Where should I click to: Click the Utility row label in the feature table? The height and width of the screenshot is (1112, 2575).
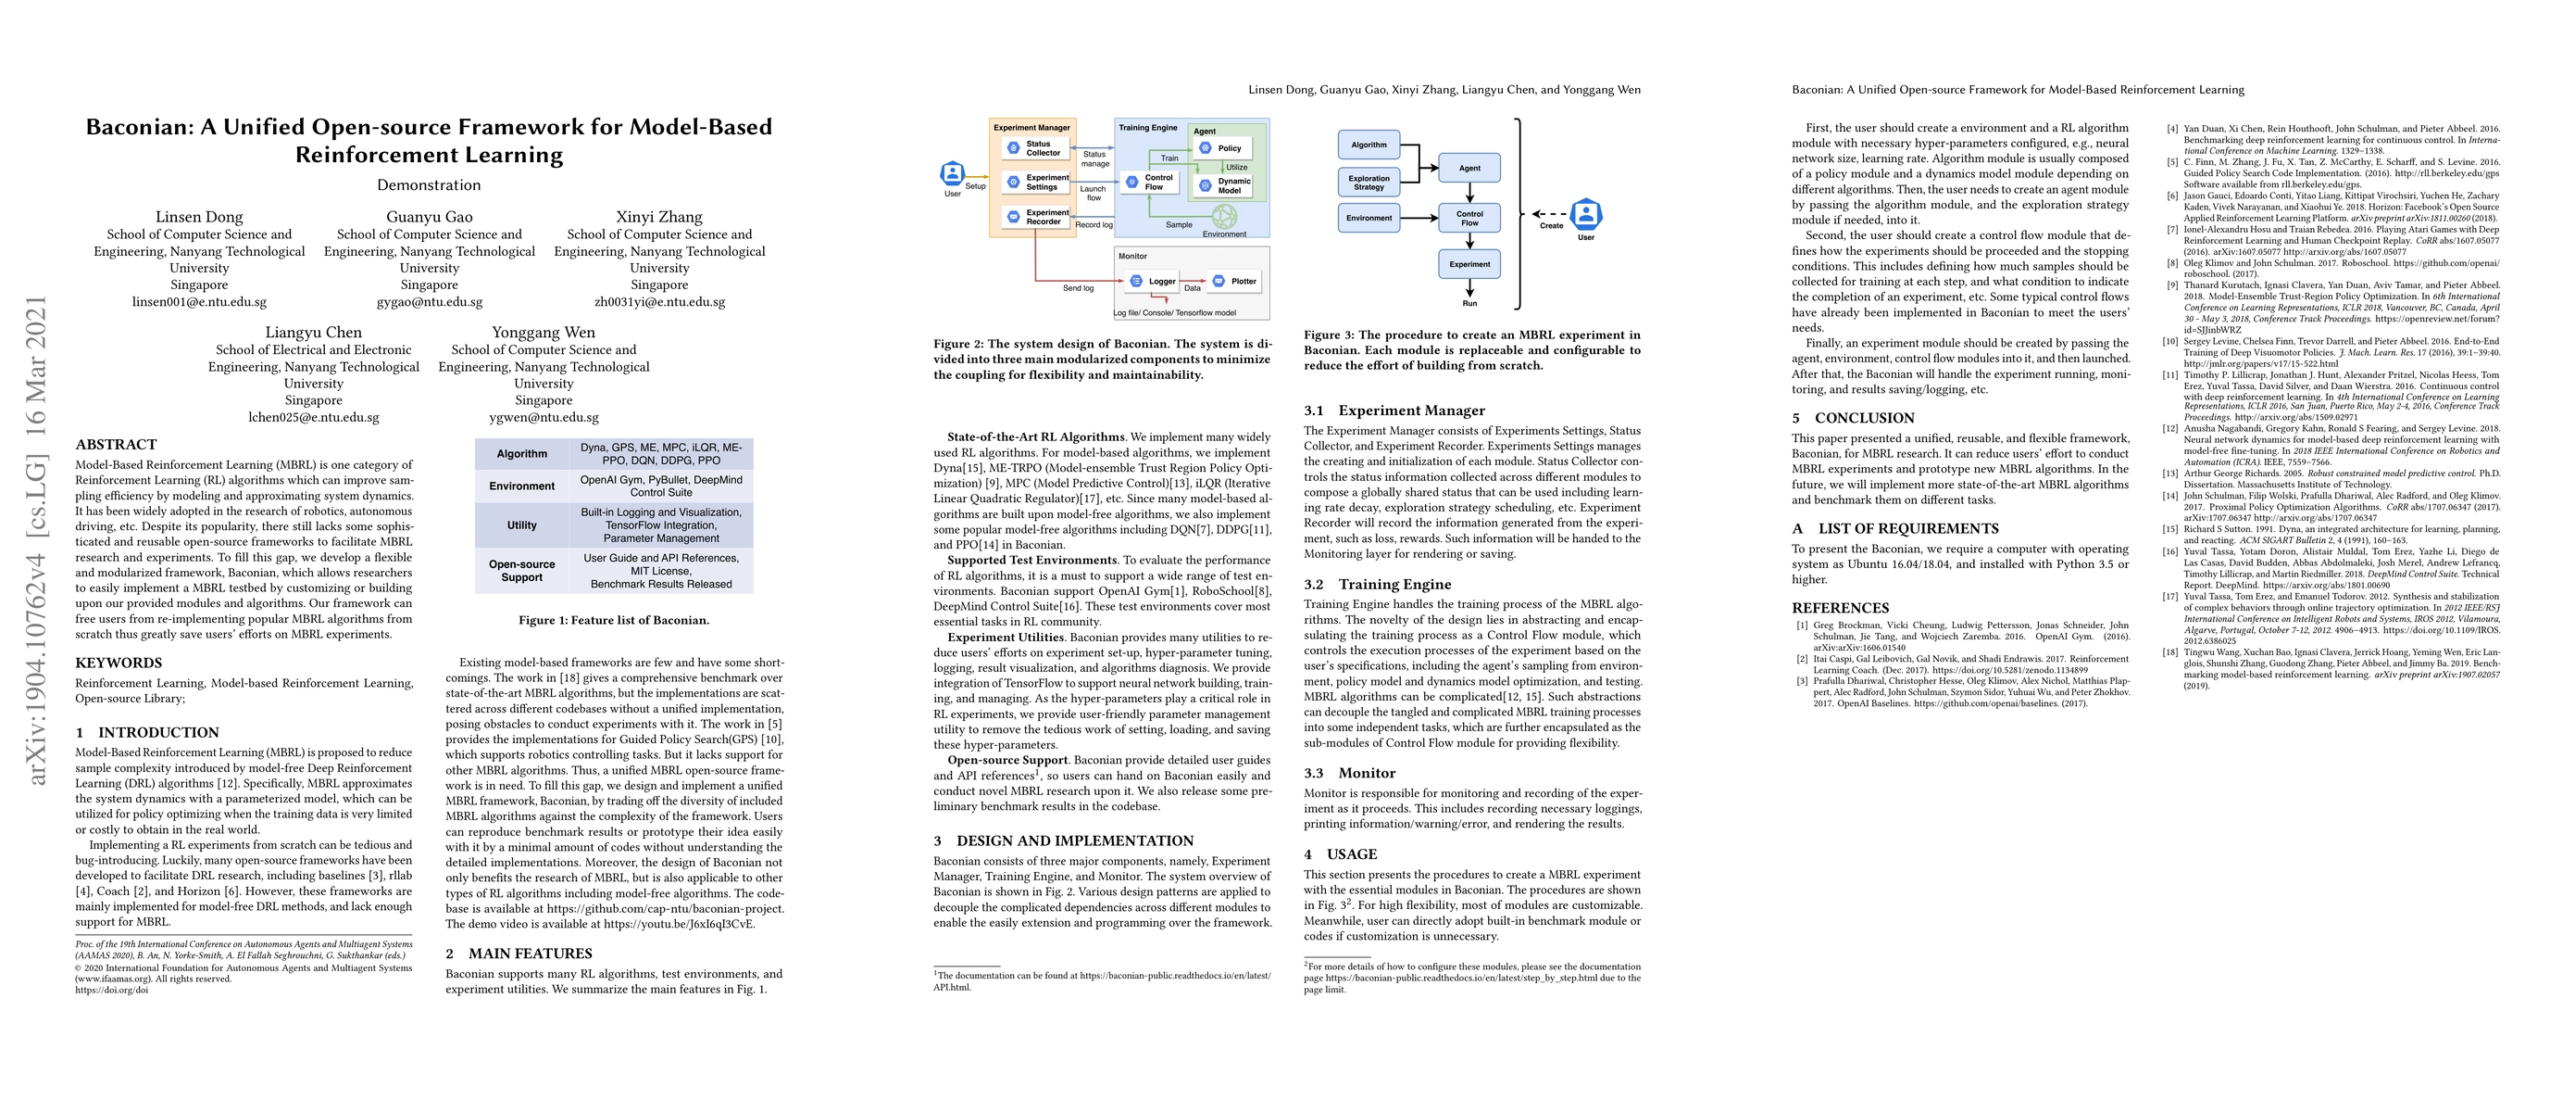point(522,525)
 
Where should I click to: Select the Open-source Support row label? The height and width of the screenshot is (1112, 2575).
point(522,570)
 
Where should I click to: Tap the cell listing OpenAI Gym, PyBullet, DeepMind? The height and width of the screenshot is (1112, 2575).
point(661,486)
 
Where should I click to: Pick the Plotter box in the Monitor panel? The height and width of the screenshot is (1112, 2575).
point(1234,282)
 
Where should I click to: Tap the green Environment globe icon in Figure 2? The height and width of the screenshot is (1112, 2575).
point(1223,216)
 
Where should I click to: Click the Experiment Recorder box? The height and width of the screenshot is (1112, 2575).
point(1037,217)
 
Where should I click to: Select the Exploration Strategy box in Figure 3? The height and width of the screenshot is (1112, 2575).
point(1369,182)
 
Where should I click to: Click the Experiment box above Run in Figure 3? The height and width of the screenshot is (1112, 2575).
point(1469,265)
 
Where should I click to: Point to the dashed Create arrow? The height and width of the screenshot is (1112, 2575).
point(1549,214)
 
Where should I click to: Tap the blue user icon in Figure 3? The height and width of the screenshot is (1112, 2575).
point(1586,214)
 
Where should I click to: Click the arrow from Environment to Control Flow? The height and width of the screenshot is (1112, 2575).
point(1419,217)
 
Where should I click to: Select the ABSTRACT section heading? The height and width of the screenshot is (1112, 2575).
point(116,445)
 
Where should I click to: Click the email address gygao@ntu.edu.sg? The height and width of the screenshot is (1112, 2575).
point(429,302)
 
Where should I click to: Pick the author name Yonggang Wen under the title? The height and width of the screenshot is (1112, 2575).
point(543,333)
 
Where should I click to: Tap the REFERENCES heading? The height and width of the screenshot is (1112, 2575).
point(1841,608)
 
